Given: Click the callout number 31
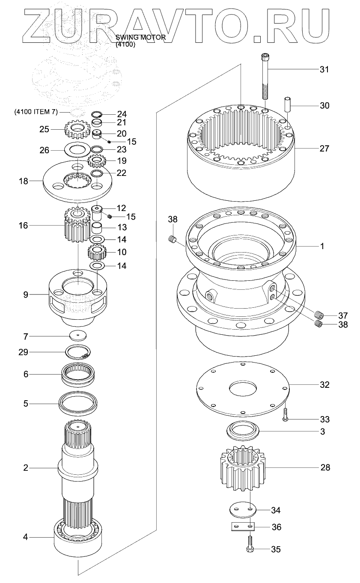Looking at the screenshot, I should [x=324, y=69].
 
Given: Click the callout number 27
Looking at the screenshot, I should [x=324, y=149].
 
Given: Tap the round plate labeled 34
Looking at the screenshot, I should [x=242, y=510].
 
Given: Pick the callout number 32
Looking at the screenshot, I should [x=324, y=384].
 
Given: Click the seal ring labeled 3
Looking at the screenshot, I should [x=243, y=430].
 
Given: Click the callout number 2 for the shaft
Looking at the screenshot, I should [x=26, y=468].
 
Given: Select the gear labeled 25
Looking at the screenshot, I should [x=75, y=129].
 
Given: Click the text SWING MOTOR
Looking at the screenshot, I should [x=140, y=37].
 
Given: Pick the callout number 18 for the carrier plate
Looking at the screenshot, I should [x=23, y=181].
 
